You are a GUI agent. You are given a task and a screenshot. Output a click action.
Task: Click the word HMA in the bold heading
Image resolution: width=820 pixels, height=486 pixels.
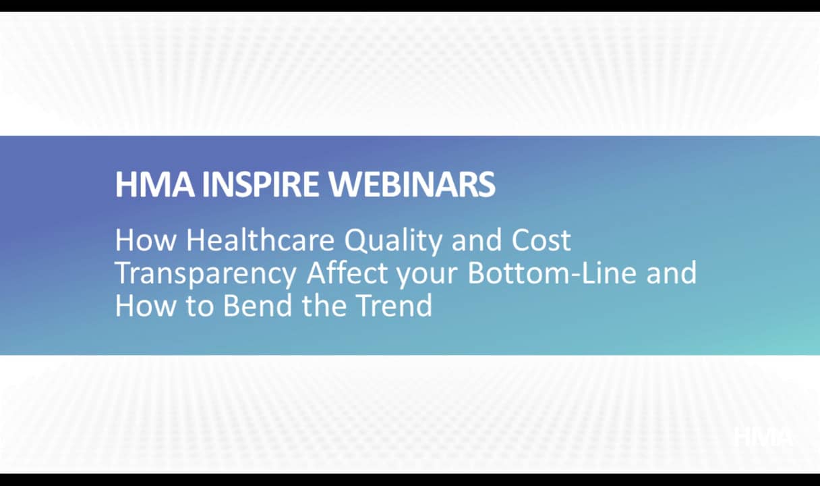[155, 184]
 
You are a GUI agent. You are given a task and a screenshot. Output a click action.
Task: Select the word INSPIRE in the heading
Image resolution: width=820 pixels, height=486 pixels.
[260, 184]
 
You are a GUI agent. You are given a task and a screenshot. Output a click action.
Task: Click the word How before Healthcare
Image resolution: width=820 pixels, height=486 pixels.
[146, 240]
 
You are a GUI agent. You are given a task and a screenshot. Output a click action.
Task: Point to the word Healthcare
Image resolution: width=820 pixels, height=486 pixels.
[260, 240]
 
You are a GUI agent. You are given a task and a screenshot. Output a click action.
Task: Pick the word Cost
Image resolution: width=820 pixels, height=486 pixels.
[541, 240]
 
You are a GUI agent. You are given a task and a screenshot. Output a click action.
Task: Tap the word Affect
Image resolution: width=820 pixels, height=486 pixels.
[347, 273]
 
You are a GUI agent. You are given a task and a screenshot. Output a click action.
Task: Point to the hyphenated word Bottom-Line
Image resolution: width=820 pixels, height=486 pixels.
[552, 273]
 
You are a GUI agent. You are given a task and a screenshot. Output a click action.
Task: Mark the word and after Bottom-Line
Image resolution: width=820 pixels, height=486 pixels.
[672, 273]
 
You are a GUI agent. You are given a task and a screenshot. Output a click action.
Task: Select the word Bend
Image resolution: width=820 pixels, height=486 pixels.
[258, 305]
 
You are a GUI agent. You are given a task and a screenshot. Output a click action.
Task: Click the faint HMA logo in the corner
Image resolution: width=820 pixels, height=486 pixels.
[763, 436]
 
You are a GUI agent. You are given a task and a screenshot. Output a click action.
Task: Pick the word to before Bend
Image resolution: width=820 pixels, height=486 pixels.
[200, 306]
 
